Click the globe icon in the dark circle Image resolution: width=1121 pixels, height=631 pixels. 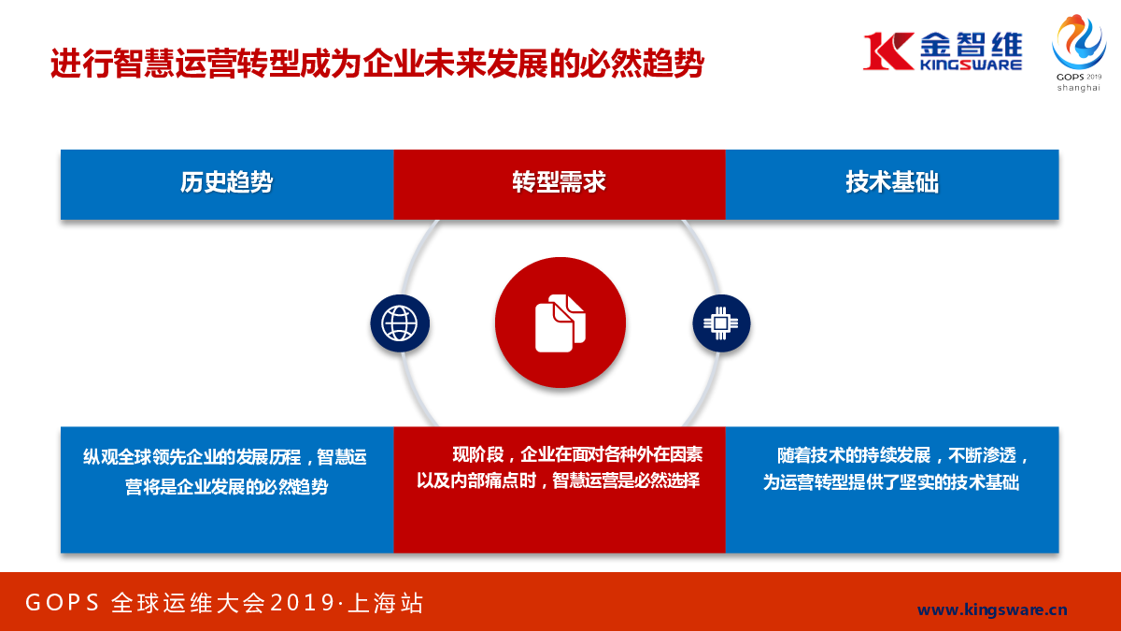point(400,323)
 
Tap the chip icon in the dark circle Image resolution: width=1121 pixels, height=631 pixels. point(720,323)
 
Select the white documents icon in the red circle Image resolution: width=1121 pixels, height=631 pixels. point(560,323)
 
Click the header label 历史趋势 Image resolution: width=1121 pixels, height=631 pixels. point(227,181)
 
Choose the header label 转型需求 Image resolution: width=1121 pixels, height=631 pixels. point(559,181)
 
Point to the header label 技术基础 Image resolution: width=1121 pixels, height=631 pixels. point(892,181)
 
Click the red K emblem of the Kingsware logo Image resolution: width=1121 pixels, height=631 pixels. point(888,50)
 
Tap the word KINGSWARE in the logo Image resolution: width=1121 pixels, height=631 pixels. point(971,65)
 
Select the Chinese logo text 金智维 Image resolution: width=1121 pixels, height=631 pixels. point(971,43)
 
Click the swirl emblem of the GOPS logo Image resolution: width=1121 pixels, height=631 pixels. point(1079,41)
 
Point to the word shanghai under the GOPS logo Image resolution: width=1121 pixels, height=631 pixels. point(1078,88)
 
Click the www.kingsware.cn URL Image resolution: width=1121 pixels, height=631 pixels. point(992,609)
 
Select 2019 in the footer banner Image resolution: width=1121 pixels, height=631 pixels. point(303,602)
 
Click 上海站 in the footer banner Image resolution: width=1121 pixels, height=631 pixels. point(385,602)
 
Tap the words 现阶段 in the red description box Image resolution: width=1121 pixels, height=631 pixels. point(478,454)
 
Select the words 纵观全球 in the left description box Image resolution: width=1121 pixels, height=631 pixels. point(117,457)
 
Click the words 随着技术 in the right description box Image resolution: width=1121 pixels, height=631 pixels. point(811,456)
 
